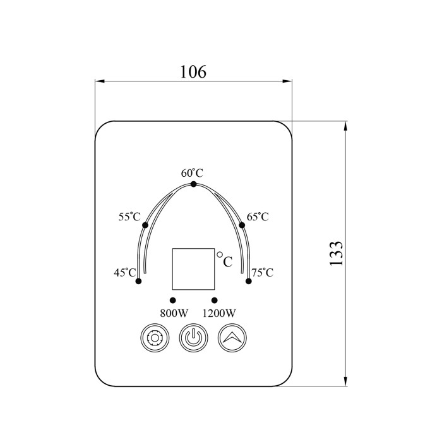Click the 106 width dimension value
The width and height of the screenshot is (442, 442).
[x=193, y=71]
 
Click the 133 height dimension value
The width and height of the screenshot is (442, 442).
[x=336, y=253]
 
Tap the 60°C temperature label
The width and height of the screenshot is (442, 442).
[x=192, y=173]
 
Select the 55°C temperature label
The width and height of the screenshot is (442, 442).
[x=129, y=217]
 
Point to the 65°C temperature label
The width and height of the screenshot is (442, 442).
[x=258, y=217]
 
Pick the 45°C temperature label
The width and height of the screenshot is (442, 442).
[x=125, y=272]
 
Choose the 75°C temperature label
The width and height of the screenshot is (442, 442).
[x=263, y=272]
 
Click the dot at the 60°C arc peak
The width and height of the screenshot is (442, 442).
[x=193, y=184]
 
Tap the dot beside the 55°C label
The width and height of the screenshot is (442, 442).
[x=145, y=225]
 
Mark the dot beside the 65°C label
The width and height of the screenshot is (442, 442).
[x=242, y=225]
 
